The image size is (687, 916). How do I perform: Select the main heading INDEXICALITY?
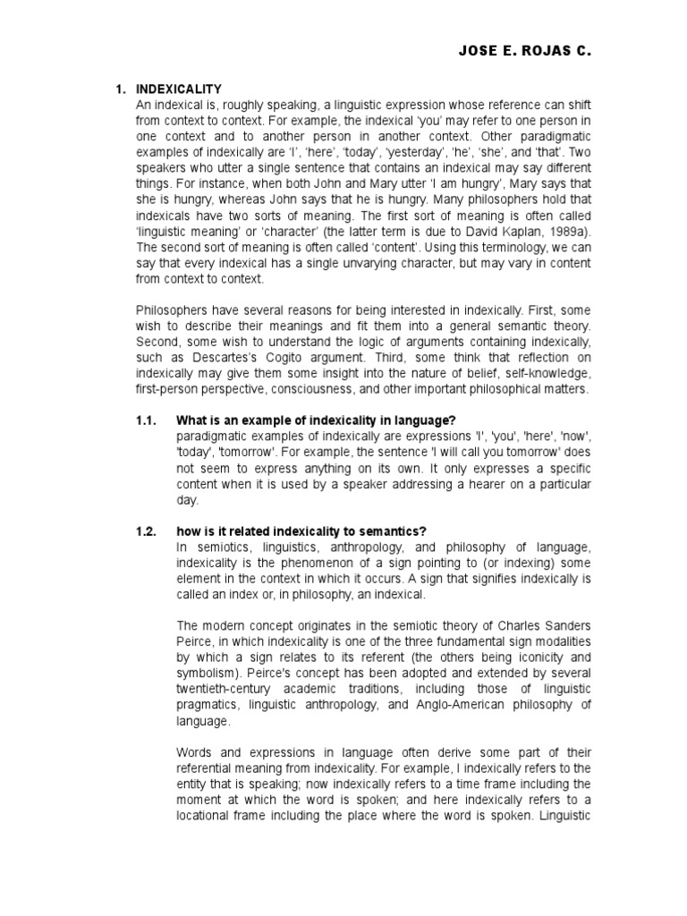pyautogui.click(x=178, y=90)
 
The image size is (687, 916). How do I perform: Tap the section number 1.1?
pyautogui.click(x=146, y=420)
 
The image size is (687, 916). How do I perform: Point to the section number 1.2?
pyautogui.click(x=146, y=530)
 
